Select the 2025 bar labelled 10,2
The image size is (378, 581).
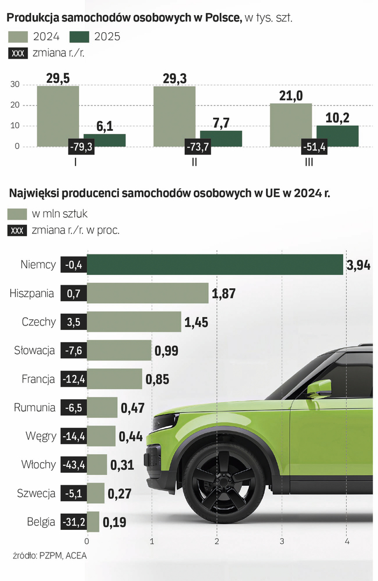point(337,136)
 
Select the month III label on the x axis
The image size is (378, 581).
point(309,161)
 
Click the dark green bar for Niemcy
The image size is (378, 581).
point(215,265)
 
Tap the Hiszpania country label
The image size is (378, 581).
point(32,293)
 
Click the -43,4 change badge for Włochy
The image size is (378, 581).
point(73,464)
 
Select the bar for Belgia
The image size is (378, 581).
point(93,521)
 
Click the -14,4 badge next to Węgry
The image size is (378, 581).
point(73,436)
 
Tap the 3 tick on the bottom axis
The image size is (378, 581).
point(282,540)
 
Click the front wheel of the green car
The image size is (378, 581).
point(224,476)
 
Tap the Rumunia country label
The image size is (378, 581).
point(34,407)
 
